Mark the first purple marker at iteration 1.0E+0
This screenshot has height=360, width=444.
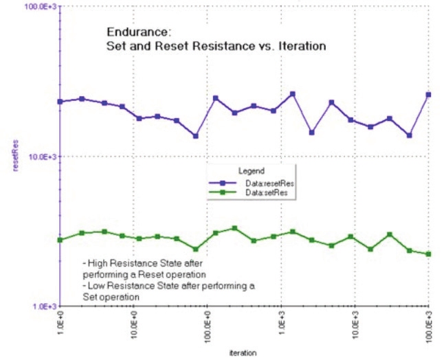[x=60, y=102]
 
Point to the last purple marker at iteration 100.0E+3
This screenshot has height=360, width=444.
[x=429, y=95]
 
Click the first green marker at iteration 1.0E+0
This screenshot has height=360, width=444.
[x=60, y=240]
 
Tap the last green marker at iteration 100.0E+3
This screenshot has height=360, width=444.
[x=429, y=254]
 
